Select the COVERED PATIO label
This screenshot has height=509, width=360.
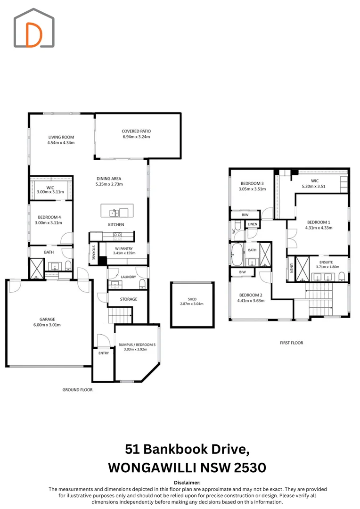(x=136, y=131)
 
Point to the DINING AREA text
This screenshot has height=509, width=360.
(x=109, y=179)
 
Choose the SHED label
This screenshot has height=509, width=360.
(x=192, y=299)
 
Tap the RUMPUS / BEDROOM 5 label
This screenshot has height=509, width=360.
(x=136, y=344)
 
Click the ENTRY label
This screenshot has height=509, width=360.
(x=103, y=353)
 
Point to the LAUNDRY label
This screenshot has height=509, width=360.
(x=128, y=277)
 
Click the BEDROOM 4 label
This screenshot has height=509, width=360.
(x=49, y=217)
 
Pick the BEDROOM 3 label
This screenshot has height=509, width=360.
(x=252, y=183)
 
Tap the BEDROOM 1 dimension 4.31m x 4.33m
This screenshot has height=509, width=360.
(x=319, y=228)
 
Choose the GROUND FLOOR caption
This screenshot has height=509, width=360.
(x=77, y=390)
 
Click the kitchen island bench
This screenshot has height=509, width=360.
(x=117, y=210)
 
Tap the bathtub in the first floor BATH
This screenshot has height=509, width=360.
(x=237, y=255)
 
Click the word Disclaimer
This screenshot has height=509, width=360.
(x=187, y=483)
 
